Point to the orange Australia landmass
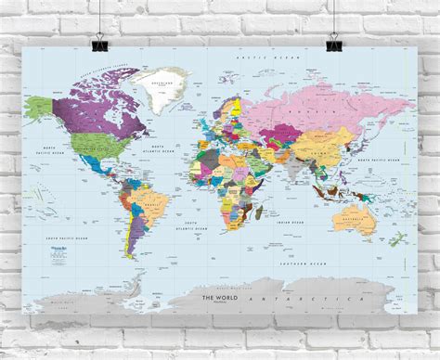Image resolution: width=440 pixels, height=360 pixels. (353, 220)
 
